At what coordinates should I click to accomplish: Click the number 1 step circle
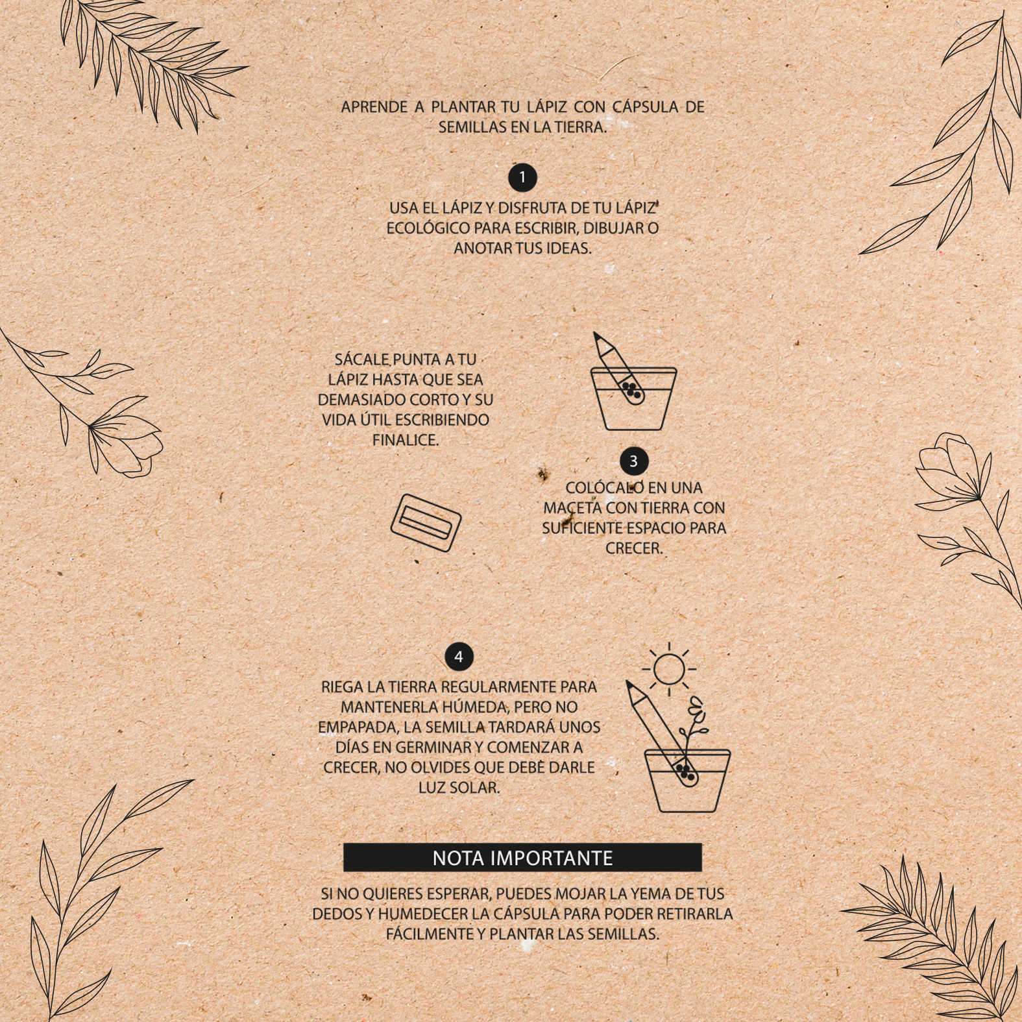pyautogui.click(x=522, y=177)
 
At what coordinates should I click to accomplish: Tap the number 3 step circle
pyautogui.click(x=633, y=461)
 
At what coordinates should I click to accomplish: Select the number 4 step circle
pyautogui.click(x=459, y=657)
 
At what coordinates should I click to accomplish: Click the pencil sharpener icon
pyautogui.click(x=426, y=522)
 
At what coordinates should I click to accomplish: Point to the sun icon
pyautogui.click(x=669, y=669)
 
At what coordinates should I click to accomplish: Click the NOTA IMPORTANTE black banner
pyautogui.click(x=522, y=858)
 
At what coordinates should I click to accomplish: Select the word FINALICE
pyautogui.click(x=406, y=440)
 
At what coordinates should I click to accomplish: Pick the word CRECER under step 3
pyautogui.click(x=634, y=548)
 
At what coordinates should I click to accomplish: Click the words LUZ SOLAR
pyautogui.click(x=459, y=788)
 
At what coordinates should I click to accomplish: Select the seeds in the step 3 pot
pyautogui.click(x=630, y=389)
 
